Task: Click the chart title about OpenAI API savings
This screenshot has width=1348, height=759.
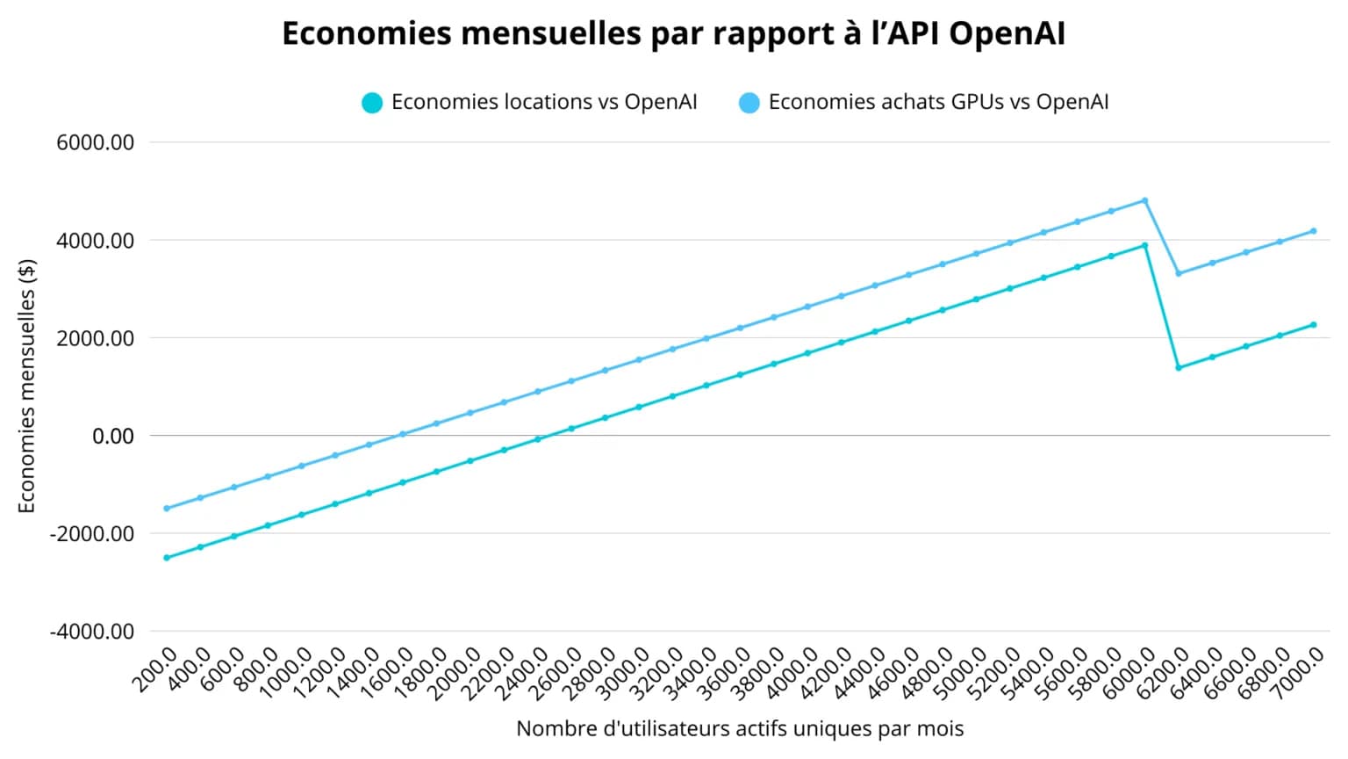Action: [673, 33]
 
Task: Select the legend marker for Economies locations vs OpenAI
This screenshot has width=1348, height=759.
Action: [372, 103]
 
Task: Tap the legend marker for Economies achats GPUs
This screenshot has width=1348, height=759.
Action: [749, 103]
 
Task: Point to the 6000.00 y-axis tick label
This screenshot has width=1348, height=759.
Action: [96, 142]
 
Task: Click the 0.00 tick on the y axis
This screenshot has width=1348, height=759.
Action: [113, 436]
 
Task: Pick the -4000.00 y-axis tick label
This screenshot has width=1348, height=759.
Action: [92, 632]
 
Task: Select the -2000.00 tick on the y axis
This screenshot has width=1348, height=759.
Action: [92, 534]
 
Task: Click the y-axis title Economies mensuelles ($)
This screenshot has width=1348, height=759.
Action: [27, 387]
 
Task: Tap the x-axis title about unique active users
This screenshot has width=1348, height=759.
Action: [740, 729]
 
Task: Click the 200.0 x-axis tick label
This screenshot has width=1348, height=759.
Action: [157, 671]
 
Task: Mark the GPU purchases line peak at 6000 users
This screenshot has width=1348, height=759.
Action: [1144, 200]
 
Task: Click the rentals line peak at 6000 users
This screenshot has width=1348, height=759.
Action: [1144, 245]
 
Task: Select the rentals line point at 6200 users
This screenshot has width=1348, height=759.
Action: [1179, 367]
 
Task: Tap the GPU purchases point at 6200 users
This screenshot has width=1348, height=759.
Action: [1179, 273]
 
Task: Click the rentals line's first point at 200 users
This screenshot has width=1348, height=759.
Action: [167, 558]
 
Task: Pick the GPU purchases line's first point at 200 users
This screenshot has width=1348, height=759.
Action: [167, 509]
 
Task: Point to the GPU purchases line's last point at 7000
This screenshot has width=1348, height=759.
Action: [1314, 231]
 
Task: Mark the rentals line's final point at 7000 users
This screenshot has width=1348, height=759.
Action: [1314, 325]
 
